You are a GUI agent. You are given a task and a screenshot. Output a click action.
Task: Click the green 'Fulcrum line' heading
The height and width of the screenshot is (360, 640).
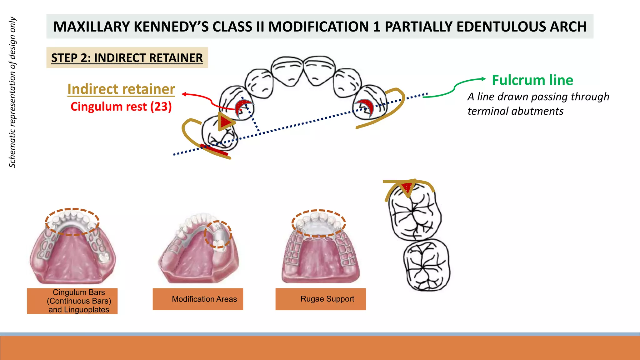click(532, 80)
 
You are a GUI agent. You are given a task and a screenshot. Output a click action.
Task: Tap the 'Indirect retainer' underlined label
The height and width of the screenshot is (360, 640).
click(121, 89)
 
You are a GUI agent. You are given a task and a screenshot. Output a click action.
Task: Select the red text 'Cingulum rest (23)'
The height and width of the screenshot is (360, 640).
click(121, 107)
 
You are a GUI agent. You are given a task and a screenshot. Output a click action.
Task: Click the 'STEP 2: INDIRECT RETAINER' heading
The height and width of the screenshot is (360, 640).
click(127, 58)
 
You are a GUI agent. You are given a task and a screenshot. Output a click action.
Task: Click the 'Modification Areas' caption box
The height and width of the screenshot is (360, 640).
click(198, 299)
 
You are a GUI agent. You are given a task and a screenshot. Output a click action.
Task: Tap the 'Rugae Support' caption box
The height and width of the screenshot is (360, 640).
click(321, 299)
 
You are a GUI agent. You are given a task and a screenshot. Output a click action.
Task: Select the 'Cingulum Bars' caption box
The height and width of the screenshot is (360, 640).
click(72, 301)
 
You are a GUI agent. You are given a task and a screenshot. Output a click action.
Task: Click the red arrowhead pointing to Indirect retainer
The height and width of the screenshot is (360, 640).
click(184, 94)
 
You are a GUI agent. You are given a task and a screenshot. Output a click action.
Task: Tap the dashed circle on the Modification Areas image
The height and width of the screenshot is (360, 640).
click(218, 234)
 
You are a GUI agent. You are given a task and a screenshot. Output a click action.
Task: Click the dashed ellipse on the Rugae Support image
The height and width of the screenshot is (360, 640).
click(318, 223)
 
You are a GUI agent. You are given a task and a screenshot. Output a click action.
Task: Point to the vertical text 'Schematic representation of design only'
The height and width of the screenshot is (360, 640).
click(12, 92)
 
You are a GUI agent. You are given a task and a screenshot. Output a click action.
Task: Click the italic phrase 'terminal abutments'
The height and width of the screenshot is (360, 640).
click(515, 111)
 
